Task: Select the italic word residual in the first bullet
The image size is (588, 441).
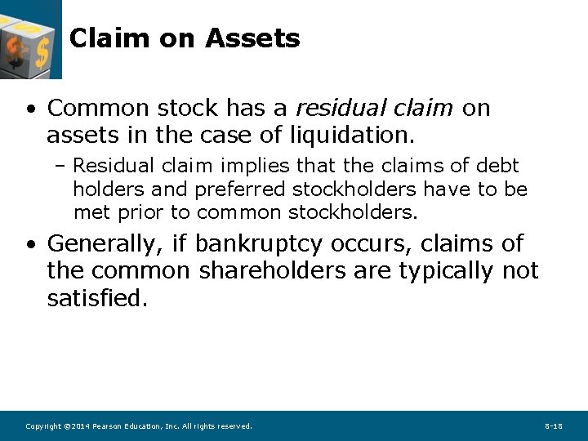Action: tap(332, 108)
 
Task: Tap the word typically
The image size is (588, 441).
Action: tap(446, 270)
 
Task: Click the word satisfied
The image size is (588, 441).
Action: tap(97, 298)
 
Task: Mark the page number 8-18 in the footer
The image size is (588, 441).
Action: tap(554, 426)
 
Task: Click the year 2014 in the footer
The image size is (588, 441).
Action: tap(80, 426)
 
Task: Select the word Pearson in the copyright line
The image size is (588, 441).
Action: tap(108, 426)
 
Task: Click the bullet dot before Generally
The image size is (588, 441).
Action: tap(30, 245)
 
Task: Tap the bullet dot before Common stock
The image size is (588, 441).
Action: tap(30, 109)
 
